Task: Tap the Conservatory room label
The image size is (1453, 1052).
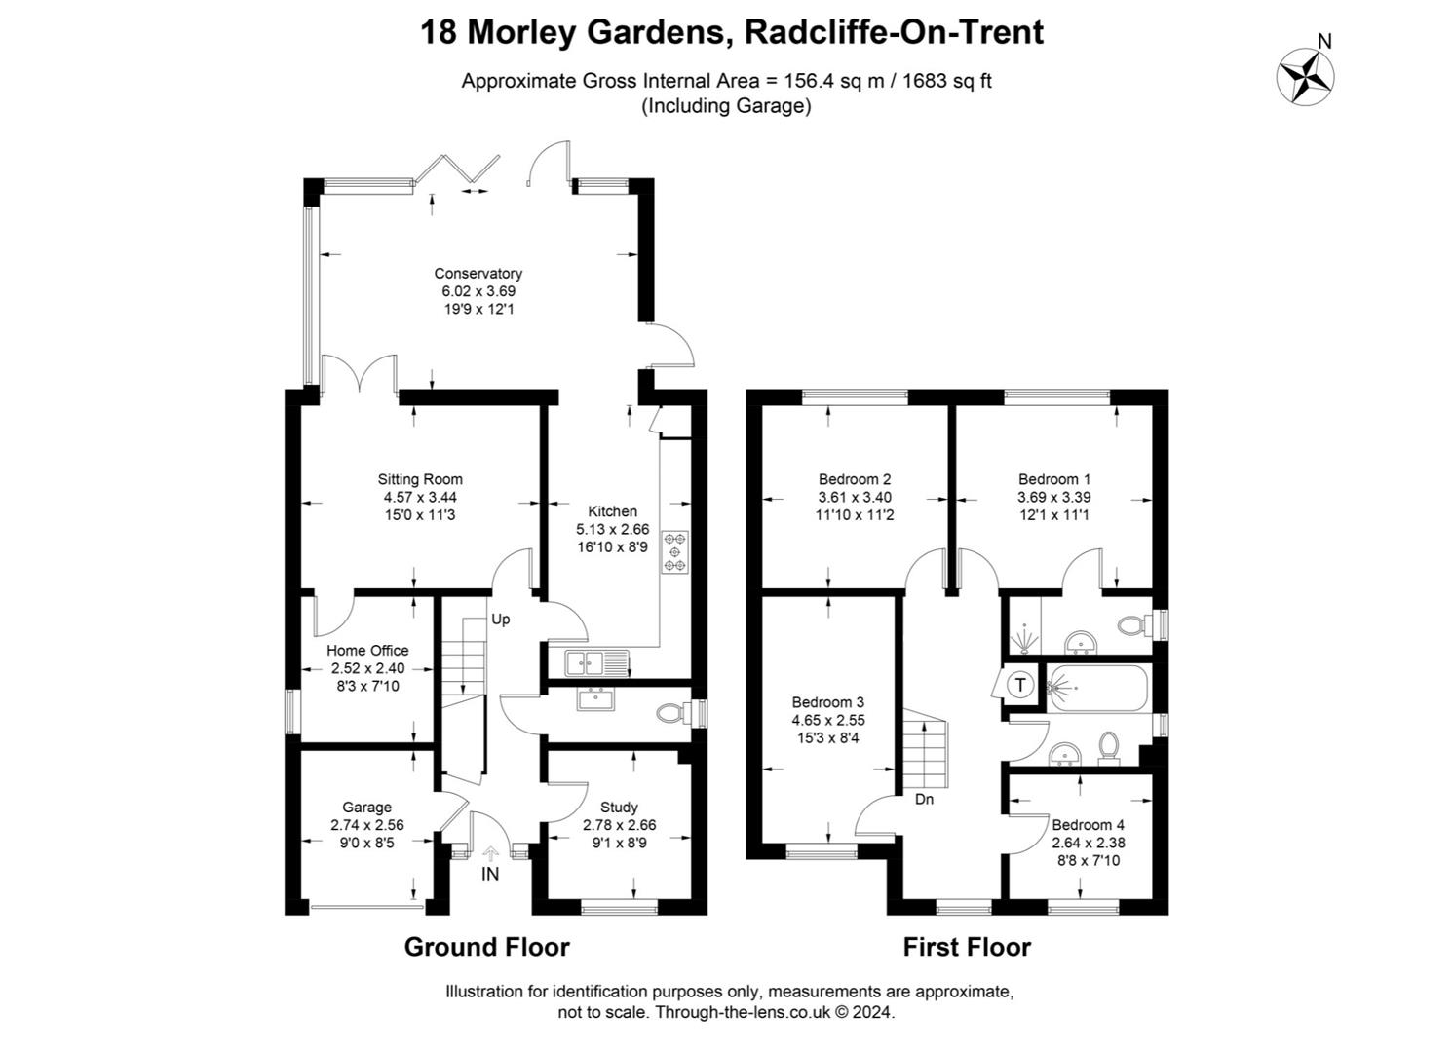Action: [x=478, y=274]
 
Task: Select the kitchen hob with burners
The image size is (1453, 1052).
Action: [x=674, y=552]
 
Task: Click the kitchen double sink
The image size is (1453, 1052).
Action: [x=596, y=663]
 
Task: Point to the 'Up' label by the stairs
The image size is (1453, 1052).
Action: [x=500, y=620]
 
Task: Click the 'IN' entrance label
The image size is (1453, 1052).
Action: [x=490, y=875]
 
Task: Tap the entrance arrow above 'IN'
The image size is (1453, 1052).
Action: [x=491, y=853]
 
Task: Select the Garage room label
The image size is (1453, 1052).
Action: [x=367, y=808]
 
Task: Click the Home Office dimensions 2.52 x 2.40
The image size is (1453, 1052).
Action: [x=367, y=668]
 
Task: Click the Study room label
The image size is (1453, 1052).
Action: [x=619, y=808]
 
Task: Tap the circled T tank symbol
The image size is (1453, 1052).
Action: [x=1020, y=685]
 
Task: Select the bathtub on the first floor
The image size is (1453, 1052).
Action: [x=1097, y=688]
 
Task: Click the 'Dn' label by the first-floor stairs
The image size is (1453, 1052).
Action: [x=925, y=799]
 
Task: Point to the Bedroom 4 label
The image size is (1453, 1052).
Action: [x=1088, y=825]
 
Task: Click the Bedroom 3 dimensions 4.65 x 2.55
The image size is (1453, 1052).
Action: [x=828, y=720]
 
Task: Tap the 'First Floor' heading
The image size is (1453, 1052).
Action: [x=967, y=947]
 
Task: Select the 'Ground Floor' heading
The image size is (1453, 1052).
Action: [x=487, y=947]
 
